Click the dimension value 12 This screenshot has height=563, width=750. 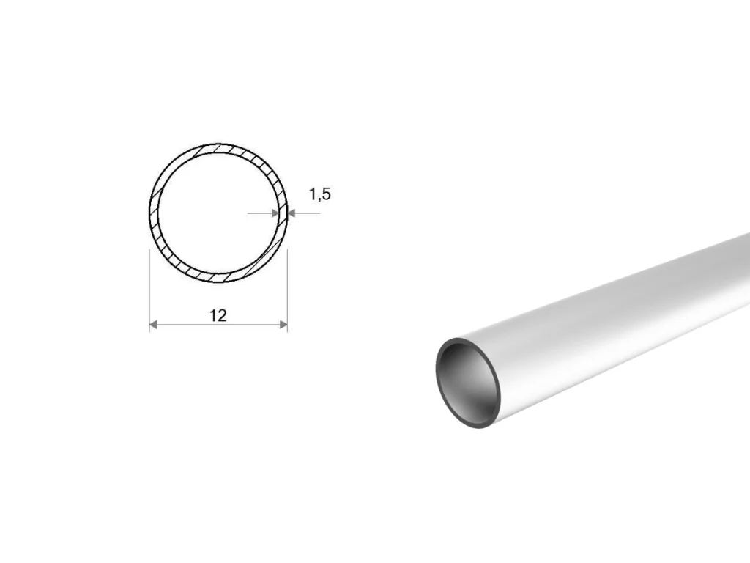[218, 315]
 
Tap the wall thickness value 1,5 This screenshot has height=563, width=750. [319, 194]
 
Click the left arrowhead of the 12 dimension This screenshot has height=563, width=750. [153, 325]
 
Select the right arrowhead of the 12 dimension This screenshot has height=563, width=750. [283, 325]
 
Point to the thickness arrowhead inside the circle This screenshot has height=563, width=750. [275, 213]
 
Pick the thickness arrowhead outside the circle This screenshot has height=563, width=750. [292, 213]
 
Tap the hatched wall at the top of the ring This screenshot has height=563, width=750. [218, 148]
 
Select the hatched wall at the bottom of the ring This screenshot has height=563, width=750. [218, 278]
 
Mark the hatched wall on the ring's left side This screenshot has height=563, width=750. [154, 213]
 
